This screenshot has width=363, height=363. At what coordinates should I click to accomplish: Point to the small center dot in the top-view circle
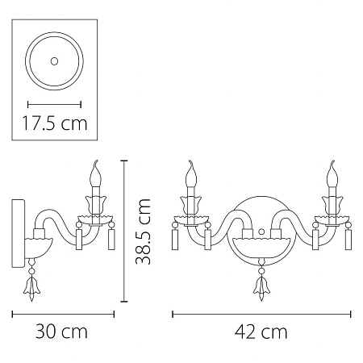click(x=54, y=60)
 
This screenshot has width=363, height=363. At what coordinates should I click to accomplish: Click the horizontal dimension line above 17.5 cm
click(x=54, y=103)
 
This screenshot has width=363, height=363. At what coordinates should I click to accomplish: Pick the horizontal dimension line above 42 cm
click(x=262, y=313)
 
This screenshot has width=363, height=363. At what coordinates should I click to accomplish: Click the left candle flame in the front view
click(x=192, y=170)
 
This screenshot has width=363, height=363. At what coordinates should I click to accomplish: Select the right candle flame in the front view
click(x=332, y=170)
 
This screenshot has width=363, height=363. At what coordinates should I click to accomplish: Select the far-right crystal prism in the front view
click(x=350, y=240)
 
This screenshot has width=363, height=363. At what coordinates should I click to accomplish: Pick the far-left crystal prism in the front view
click(x=175, y=240)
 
